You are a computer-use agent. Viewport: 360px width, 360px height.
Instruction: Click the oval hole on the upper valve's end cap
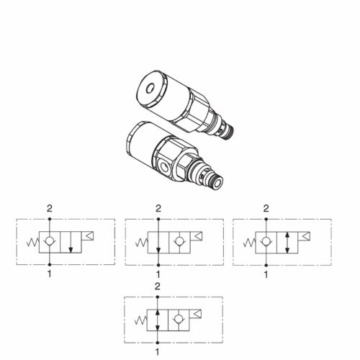point(150,89)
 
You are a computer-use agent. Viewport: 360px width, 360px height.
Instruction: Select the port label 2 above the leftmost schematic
point(50,209)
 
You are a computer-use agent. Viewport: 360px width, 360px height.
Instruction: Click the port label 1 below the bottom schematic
point(158,352)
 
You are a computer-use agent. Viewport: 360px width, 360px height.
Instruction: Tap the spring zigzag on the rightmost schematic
point(249,243)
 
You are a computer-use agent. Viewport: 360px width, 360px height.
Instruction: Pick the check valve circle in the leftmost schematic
point(50,240)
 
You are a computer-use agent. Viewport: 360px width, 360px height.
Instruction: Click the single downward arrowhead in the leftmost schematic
point(71,250)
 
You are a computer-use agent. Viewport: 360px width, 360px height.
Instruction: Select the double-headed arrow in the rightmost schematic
point(287,243)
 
